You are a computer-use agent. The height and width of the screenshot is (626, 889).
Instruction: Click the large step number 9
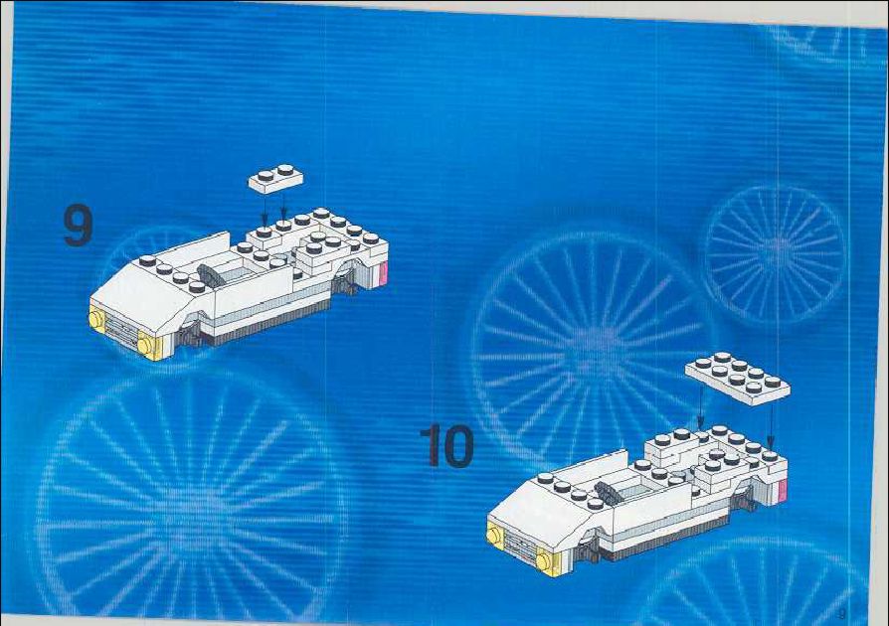[78, 225]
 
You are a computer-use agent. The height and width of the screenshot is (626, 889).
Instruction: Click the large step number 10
[447, 446]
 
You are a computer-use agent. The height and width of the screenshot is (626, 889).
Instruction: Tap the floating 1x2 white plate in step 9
[275, 179]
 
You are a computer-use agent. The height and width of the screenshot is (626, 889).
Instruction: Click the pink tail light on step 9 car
[383, 273]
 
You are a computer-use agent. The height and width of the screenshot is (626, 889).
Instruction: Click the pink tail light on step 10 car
[783, 490]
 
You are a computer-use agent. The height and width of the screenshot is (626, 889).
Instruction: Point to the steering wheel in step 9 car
[208, 275]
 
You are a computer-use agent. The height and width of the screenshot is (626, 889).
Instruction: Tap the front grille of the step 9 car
[122, 330]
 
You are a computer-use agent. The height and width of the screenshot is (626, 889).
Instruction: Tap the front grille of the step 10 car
[519, 545]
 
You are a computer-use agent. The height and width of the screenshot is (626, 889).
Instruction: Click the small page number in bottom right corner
[841, 613]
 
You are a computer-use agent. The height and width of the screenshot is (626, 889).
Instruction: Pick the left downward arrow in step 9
[265, 209]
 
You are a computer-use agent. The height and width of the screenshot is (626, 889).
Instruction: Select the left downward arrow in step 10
[701, 406]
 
